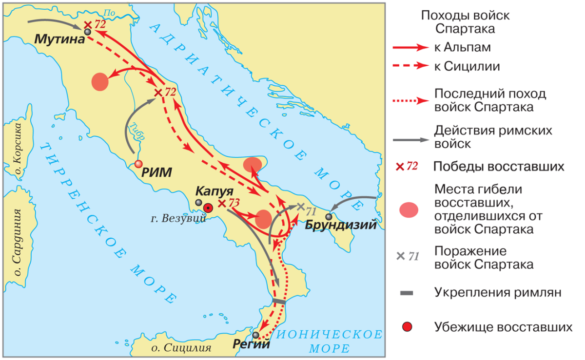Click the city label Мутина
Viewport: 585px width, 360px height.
(x=57, y=39)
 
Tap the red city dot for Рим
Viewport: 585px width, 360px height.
(x=139, y=164)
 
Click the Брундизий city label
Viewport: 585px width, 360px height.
(x=341, y=225)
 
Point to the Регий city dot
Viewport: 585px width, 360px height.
(x=256, y=335)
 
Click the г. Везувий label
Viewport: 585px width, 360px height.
(x=176, y=218)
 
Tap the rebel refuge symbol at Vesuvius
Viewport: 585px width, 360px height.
(x=209, y=208)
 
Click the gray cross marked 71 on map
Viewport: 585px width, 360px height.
(x=300, y=207)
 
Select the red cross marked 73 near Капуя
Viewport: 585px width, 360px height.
(x=222, y=203)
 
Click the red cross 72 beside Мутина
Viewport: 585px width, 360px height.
(x=88, y=25)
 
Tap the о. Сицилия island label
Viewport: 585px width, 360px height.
(x=181, y=348)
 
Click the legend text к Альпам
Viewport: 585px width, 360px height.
(x=460, y=48)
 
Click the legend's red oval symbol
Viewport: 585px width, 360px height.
(x=409, y=209)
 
